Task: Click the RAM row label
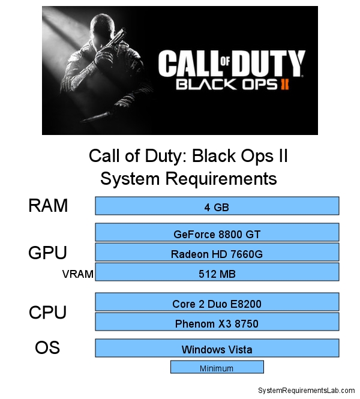(x=48, y=206)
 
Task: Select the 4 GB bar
(x=217, y=206)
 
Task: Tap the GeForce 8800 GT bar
(x=217, y=233)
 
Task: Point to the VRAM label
(x=78, y=274)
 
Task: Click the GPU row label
(x=47, y=253)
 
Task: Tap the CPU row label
(x=47, y=313)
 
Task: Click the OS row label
(x=47, y=347)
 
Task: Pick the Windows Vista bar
(x=217, y=348)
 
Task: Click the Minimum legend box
(x=217, y=367)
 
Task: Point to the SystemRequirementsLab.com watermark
(x=306, y=390)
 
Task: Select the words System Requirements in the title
(x=188, y=179)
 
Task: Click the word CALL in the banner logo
(x=185, y=63)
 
